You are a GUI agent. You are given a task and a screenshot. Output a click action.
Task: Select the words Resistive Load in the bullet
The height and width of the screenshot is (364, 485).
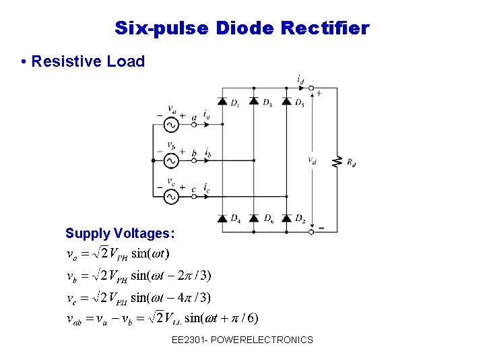tap(88, 61)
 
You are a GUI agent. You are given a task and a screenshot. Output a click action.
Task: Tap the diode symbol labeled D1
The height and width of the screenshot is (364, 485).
tap(222, 102)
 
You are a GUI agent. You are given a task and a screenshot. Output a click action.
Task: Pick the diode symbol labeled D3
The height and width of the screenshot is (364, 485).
tap(254, 102)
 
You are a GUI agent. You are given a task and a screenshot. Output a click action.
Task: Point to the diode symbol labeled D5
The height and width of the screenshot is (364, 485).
tap(286, 102)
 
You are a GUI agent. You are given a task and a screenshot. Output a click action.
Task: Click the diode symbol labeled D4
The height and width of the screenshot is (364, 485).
tap(222, 218)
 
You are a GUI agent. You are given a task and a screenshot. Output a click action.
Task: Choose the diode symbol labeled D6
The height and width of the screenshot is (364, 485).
tap(254, 218)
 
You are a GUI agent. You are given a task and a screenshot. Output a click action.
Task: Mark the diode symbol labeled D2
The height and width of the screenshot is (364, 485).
tap(286, 218)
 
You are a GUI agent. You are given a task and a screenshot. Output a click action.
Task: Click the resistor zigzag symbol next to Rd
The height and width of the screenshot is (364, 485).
tap(335, 161)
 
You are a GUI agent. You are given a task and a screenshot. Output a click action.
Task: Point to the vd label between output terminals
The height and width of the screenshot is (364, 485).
tap(311, 161)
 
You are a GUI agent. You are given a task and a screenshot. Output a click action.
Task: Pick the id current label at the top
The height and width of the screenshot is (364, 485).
tap(300, 80)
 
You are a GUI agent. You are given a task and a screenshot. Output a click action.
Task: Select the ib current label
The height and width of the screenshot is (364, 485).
tap(208, 154)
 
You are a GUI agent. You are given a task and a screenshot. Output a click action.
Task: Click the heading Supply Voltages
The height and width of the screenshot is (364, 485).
tap(120, 234)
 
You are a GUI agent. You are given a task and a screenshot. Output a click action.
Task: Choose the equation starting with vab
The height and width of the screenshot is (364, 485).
tap(162, 317)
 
